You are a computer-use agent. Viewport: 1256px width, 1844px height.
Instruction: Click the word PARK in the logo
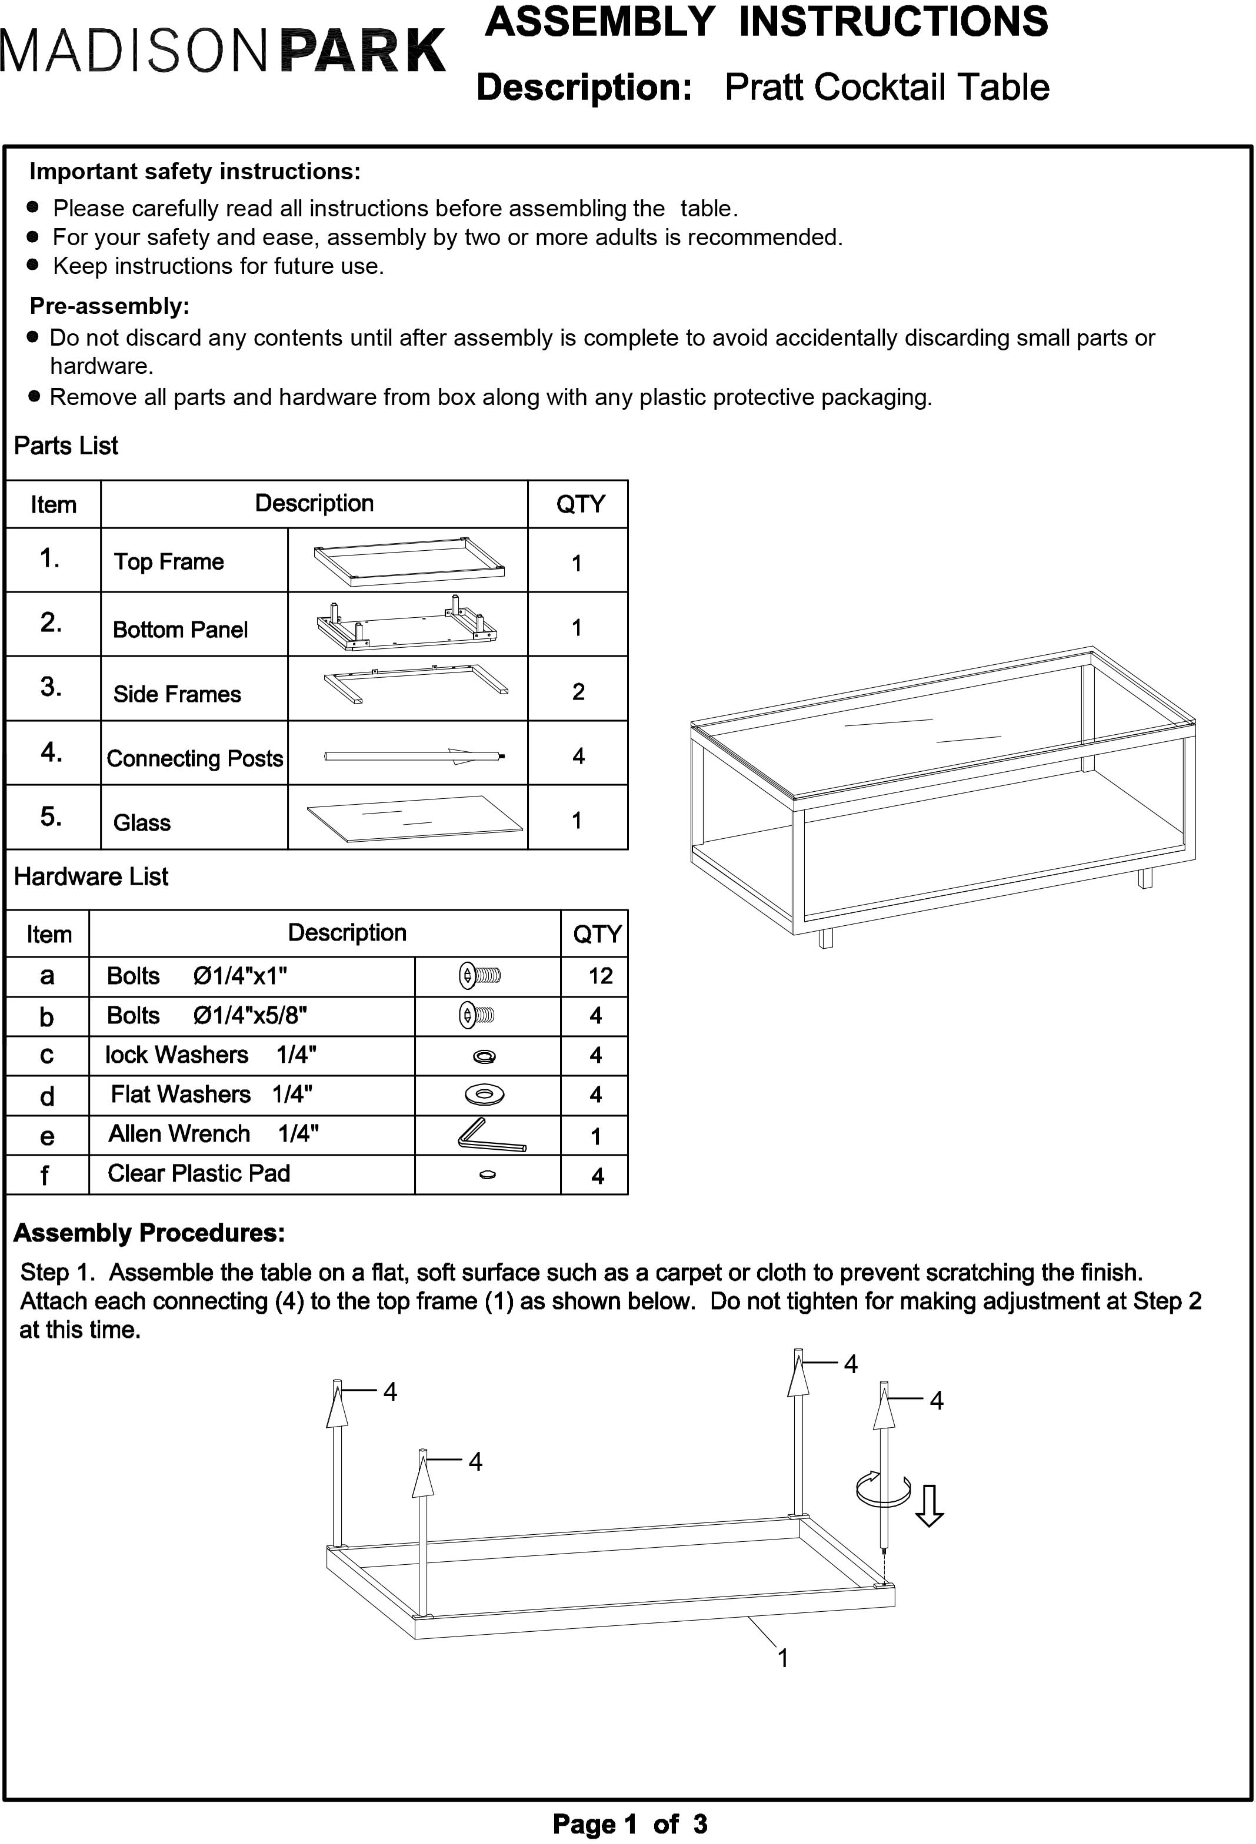(363, 52)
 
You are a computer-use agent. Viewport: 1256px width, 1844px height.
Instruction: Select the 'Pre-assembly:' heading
(109, 306)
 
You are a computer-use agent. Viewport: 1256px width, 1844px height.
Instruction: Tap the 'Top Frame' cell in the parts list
(168, 562)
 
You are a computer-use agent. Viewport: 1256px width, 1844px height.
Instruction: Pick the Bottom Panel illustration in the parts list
(407, 624)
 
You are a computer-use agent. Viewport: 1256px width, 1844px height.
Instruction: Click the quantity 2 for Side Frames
(578, 692)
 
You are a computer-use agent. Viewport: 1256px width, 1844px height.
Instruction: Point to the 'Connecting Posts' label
(195, 758)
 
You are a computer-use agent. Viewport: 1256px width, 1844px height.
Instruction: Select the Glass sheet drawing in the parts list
(414, 818)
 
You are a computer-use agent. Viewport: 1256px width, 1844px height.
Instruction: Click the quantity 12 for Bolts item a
(600, 976)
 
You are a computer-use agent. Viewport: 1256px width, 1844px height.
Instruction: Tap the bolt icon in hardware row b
(477, 1015)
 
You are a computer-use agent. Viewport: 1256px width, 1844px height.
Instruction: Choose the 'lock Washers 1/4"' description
(211, 1055)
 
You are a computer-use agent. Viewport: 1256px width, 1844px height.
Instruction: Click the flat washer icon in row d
(484, 1095)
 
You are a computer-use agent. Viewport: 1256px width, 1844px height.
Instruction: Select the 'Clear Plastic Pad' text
(198, 1173)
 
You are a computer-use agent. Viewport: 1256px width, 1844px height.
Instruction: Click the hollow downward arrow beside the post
(929, 1505)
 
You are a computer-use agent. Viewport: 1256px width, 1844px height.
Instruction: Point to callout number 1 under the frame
(783, 1658)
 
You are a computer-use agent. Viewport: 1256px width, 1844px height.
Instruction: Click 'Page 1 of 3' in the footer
(629, 1824)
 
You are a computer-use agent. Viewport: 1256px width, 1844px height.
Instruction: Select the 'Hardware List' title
(91, 877)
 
